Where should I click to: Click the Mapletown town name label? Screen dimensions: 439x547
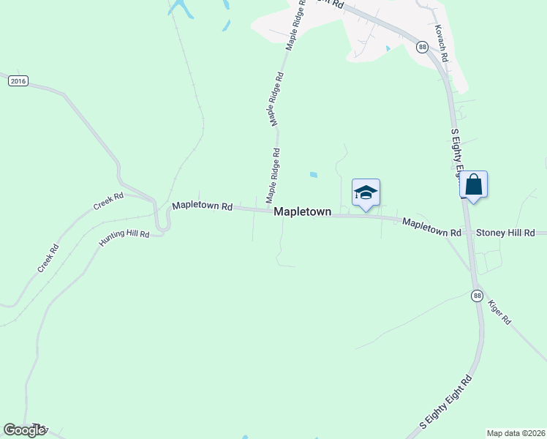[303, 211]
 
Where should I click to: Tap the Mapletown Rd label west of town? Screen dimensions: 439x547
[202, 207]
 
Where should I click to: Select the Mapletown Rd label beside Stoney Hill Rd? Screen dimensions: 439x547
[431, 228]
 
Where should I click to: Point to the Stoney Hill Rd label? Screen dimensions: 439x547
[505, 233]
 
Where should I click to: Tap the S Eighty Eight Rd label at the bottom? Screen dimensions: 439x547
[446, 402]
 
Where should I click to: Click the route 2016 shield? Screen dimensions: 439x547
[18, 81]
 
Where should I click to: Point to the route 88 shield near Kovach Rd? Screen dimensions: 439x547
[422, 47]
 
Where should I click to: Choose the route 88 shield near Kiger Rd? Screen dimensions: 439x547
[477, 296]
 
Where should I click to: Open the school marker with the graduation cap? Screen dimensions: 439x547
[366, 193]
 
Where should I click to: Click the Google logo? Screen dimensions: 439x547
[24, 430]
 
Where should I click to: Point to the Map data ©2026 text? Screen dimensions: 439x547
[516, 432]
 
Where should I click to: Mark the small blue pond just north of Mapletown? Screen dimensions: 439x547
[314, 175]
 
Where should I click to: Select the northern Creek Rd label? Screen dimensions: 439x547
[109, 202]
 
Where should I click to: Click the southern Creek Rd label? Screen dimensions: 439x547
[48, 259]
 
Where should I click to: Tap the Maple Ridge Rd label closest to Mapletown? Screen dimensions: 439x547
[273, 176]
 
